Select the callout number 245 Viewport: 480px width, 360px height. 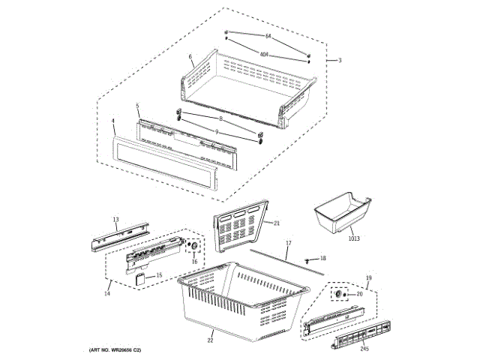(364, 348)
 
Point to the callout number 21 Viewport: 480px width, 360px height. (276, 223)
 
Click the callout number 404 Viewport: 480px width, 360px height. (264, 54)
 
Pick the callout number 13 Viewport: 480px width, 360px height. (116, 220)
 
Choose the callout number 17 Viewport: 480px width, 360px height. (288, 243)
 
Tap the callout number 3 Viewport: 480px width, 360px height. (339, 60)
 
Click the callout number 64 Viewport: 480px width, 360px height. (267, 36)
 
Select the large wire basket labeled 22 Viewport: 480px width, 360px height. (240, 296)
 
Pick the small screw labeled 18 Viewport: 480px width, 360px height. (308, 258)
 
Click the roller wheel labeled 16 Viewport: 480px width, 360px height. (193, 247)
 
